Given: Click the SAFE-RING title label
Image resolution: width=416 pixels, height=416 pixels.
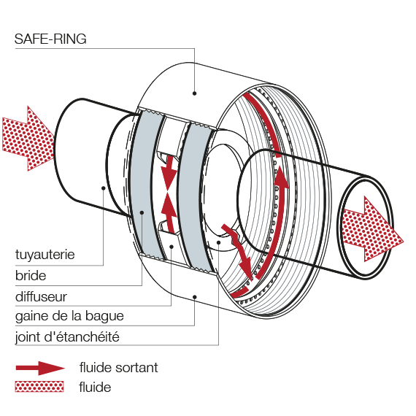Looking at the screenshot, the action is pyautogui.click(x=50, y=39).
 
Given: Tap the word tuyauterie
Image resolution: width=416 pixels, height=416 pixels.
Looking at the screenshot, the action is pyautogui.click(x=45, y=255).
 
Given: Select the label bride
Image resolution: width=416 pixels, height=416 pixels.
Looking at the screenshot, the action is pyautogui.click(x=31, y=275).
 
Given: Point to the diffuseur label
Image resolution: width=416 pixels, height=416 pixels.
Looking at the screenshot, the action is pyautogui.click(x=41, y=296).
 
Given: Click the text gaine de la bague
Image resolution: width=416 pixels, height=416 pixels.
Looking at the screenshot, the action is pyautogui.click(x=69, y=316).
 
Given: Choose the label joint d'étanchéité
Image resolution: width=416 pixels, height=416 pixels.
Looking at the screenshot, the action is pyautogui.click(x=67, y=337).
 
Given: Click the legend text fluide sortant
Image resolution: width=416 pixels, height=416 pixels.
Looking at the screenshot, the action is pyautogui.click(x=118, y=368).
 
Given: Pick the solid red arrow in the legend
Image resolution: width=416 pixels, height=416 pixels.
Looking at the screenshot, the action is pyautogui.click(x=40, y=368).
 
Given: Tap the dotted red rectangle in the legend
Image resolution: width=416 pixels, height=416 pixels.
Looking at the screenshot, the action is pyautogui.click(x=39, y=387).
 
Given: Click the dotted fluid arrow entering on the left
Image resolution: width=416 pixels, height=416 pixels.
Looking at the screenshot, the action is pyautogui.click(x=28, y=139).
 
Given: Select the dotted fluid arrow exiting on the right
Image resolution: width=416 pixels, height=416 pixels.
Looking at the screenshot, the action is pyautogui.click(x=371, y=228).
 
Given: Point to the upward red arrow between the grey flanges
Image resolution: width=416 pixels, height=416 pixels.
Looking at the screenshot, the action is pyautogui.click(x=169, y=212).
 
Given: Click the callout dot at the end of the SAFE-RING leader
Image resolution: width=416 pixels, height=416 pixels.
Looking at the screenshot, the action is pyautogui.click(x=194, y=93).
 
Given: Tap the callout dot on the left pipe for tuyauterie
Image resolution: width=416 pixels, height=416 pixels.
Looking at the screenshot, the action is pyautogui.click(x=104, y=188).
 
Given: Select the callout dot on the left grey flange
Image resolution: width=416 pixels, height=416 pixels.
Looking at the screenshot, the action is pyautogui.click(x=142, y=212).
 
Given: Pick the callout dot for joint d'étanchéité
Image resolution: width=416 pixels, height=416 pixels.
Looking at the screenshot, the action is pyautogui.click(x=219, y=242).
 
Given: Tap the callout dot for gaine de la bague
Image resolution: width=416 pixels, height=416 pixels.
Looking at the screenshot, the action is pyautogui.click(x=194, y=297).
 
